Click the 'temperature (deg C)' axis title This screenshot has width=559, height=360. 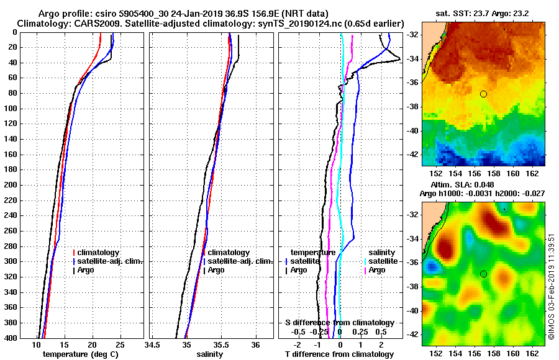80,354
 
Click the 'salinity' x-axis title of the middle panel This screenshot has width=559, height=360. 209,354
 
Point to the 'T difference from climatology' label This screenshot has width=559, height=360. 339,354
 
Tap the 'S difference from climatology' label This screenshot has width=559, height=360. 340,323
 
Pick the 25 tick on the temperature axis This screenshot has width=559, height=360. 120,344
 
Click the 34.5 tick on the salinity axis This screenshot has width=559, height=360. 152,344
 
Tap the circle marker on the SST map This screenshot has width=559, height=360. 483,94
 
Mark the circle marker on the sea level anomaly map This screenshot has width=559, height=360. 483,274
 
